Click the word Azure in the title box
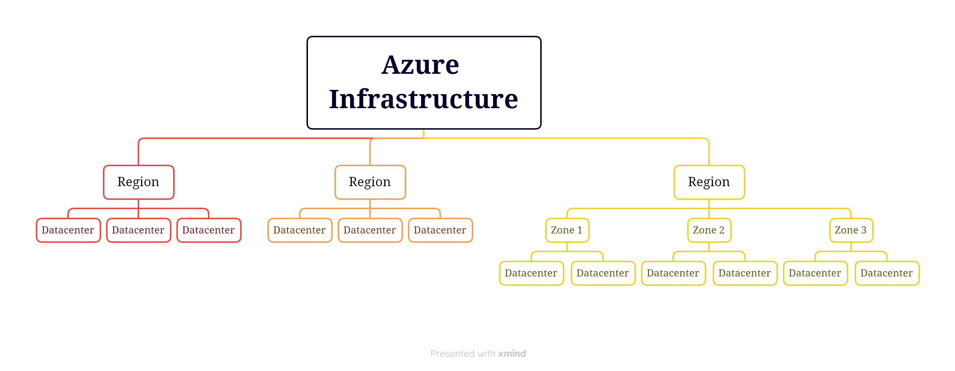[x=420, y=65]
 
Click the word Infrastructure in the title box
[x=423, y=99]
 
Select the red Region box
[x=138, y=182]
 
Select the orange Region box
[x=370, y=182]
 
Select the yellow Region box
[x=709, y=182]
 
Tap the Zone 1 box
[x=567, y=230]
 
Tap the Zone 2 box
[x=709, y=230]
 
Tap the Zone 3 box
[x=851, y=230]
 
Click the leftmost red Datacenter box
[x=68, y=230]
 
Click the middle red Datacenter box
[x=138, y=230]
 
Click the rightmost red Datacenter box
[x=209, y=230]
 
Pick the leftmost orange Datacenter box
[x=300, y=230]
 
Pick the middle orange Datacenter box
[x=370, y=230]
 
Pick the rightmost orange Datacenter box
[x=440, y=230]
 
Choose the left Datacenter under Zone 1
[x=531, y=273]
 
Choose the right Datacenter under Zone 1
[x=603, y=273]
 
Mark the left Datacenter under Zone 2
[x=673, y=273]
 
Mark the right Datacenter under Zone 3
[x=887, y=273]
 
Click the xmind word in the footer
[x=512, y=353]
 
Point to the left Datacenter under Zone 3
[x=815, y=273]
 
